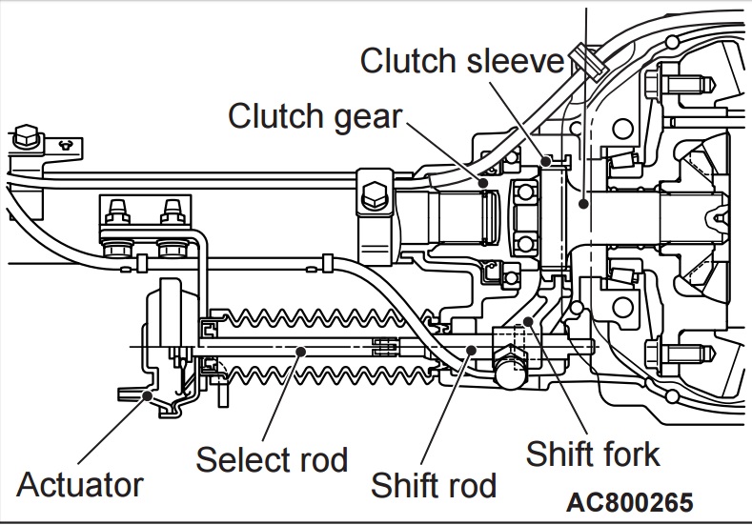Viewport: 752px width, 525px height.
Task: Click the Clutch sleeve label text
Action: [x=462, y=60]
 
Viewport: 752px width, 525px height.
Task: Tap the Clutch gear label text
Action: [x=315, y=116]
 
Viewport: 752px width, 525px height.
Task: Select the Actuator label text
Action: [x=80, y=484]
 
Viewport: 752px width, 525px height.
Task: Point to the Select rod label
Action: [x=272, y=459]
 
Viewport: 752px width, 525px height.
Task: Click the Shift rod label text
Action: [x=434, y=485]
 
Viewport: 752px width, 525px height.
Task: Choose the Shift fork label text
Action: [x=593, y=454]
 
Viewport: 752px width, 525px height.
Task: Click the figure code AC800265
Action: [x=630, y=502]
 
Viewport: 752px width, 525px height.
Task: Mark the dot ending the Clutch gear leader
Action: [x=483, y=183]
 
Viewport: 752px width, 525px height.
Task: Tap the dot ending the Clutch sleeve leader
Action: [x=546, y=162]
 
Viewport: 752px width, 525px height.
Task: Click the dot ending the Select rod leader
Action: [x=300, y=352]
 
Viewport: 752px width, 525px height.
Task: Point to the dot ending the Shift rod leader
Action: [x=472, y=350]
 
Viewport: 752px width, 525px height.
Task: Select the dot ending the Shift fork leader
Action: [x=528, y=321]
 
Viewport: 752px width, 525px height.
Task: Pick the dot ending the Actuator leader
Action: [x=148, y=395]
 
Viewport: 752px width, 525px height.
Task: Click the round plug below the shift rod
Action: [x=510, y=372]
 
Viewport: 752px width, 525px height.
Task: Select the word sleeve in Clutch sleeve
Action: [x=513, y=61]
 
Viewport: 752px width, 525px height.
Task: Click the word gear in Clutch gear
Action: [x=368, y=118]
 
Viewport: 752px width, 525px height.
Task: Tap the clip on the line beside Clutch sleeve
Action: [x=588, y=61]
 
